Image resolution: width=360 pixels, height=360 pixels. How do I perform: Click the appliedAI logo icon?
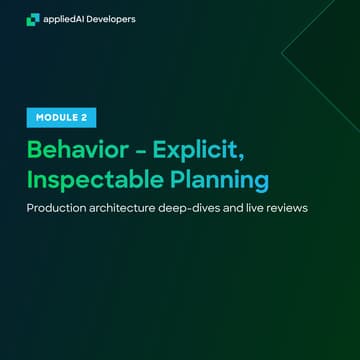(33, 18)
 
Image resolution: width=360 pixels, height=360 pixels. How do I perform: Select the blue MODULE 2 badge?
(61, 117)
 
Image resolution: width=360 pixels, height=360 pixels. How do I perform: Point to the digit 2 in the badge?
(86, 117)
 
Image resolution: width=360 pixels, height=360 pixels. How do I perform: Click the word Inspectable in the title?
(87, 181)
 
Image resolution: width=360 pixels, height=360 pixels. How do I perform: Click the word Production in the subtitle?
(60, 211)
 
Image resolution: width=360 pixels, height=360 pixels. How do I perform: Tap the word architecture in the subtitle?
(133, 211)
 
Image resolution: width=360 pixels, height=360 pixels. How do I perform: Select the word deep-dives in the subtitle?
(207, 211)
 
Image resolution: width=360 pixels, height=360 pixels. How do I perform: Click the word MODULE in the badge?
(56, 117)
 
